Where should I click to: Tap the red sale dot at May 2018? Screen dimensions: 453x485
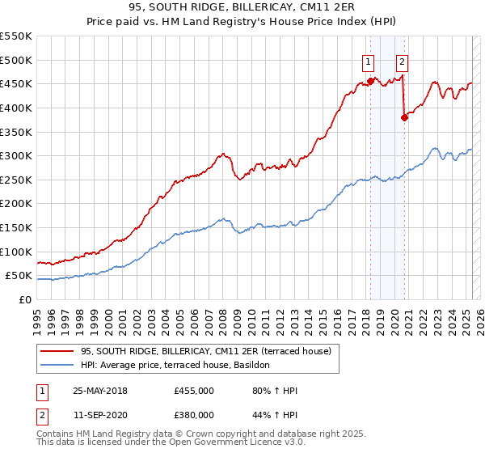click(371, 81)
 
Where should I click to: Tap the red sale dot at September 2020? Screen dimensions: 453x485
click(404, 117)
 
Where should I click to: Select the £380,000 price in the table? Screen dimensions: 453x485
click(193, 414)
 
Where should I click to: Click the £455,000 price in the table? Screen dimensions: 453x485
click(193, 391)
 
